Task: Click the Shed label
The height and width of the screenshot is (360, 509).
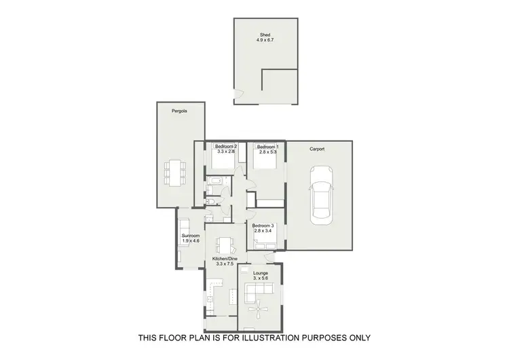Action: pyautogui.click(x=265, y=35)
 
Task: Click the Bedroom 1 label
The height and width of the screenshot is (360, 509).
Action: pyautogui.click(x=267, y=147)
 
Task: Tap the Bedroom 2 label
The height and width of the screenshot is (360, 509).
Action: pyautogui.click(x=225, y=147)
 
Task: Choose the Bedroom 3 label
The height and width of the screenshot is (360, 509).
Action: pyautogui.click(x=263, y=226)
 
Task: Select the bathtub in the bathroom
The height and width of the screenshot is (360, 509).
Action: pyautogui.click(x=214, y=181)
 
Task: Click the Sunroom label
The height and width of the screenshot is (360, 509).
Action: pyautogui.click(x=190, y=235)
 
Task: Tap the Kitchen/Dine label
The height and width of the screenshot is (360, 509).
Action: pyautogui.click(x=224, y=259)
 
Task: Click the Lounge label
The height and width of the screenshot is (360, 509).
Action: pyautogui.click(x=261, y=273)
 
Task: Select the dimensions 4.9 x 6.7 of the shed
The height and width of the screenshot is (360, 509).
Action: pyautogui.click(x=265, y=41)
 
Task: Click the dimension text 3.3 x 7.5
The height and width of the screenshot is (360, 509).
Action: pyautogui.click(x=224, y=264)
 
